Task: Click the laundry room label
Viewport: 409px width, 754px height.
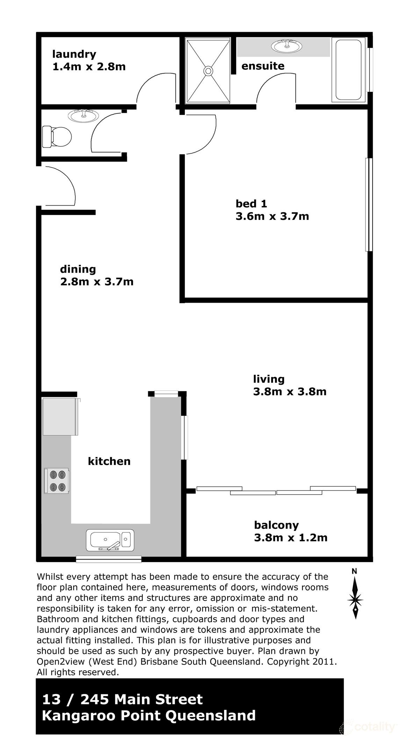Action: [x=74, y=54]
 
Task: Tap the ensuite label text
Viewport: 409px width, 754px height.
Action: [x=263, y=66]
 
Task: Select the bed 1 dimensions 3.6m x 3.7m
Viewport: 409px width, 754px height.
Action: [x=272, y=216]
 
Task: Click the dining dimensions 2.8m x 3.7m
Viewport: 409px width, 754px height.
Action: [x=97, y=281]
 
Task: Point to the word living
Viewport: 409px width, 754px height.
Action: [x=268, y=379]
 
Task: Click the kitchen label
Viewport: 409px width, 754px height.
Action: [x=109, y=461]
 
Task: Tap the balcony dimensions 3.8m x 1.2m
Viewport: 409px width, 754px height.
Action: [x=290, y=537]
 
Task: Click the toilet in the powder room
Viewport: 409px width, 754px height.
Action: [x=56, y=136]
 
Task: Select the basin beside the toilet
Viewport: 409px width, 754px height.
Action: [x=83, y=116]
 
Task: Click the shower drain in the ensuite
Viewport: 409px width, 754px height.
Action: [x=208, y=71]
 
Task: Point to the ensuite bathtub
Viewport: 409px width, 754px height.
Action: [x=348, y=71]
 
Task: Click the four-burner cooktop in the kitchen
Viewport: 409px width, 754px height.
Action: [x=57, y=481]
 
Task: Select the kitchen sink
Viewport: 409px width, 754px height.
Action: [x=110, y=540]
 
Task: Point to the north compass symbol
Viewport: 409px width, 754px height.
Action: [x=355, y=599]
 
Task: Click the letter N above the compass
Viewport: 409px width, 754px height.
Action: [x=354, y=571]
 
